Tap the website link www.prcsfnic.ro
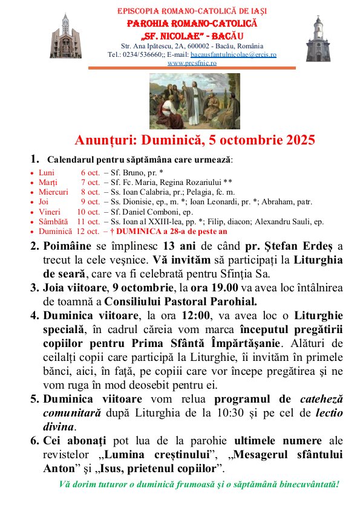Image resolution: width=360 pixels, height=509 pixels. click(192, 63)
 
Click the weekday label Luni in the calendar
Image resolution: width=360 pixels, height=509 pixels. click(47, 172)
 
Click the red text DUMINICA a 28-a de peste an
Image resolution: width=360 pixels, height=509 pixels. click(171, 231)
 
